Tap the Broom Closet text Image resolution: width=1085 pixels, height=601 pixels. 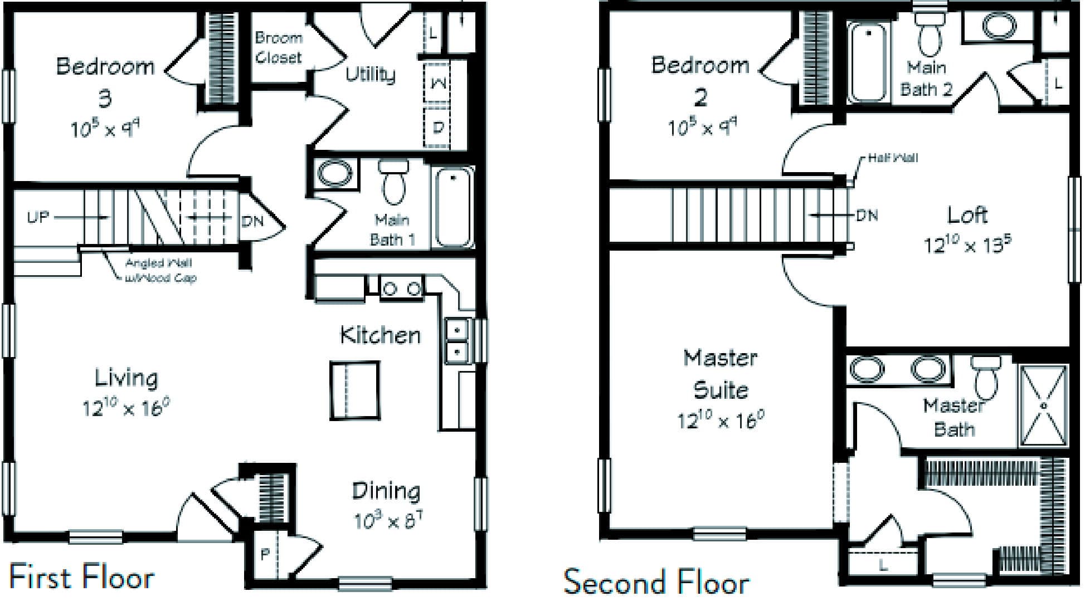coord(279,47)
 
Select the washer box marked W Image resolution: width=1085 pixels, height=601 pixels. coord(437,84)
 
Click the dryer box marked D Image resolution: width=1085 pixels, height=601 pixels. coord(437,127)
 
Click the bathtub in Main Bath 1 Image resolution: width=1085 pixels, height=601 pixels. coord(453,208)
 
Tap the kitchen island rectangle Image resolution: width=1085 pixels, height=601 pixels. coord(354,390)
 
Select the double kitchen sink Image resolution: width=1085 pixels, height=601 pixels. coord(458,341)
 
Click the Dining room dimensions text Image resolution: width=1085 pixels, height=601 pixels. coord(388,521)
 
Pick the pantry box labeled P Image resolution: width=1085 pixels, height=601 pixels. coord(265,554)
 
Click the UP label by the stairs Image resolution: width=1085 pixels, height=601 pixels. coord(38,217)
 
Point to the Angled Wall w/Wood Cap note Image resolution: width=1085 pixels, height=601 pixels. coord(160,270)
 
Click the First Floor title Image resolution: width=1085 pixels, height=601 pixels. coord(82,577)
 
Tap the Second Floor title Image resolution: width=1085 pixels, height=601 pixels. coord(656,582)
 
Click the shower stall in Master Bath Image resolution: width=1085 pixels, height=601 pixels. coord(1044,405)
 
